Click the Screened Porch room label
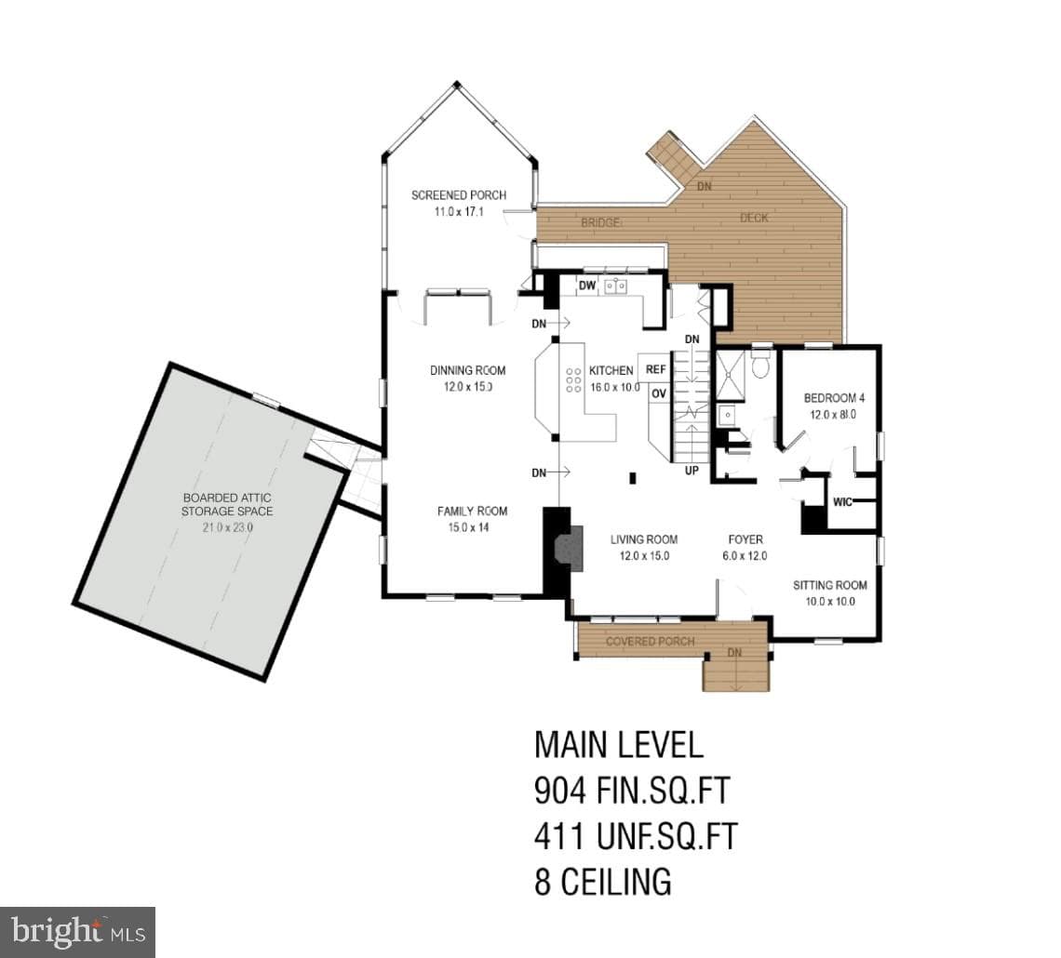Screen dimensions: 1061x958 [x=459, y=195]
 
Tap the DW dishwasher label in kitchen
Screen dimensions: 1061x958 [x=587, y=286]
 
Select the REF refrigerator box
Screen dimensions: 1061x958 [x=655, y=369]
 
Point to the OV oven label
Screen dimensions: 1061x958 [x=658, y=393]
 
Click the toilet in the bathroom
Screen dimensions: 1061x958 [x=761, y=364]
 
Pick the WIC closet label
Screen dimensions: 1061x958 [x=842, y=502]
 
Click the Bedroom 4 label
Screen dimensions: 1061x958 [x=834, y=398]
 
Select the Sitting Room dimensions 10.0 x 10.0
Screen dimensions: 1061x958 [x=829, y=602]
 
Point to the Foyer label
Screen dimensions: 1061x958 [x=745, y=539]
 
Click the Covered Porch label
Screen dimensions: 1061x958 [x=650, y=641]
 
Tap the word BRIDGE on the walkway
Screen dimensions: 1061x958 [x=600, y=222]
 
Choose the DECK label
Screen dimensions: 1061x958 [x=754, y=218]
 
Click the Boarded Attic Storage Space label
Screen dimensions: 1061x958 [x=227, y=504]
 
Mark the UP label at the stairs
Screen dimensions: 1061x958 [x=692, y=471]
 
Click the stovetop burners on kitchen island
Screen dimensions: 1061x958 [x=574, y=380]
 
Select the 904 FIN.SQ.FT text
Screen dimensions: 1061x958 [x=632, y=791]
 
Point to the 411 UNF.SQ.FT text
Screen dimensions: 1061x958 [x=636, y=835]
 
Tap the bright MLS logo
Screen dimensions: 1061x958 [x=78, y=932]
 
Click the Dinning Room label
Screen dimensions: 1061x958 [x=467, y=370]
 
